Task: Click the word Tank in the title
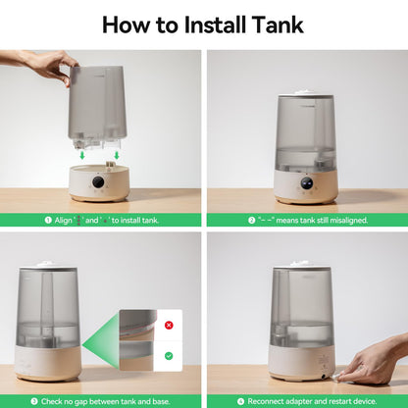pyautogui.click(x=278, y=25)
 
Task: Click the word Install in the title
pyautogui.click(x=215, y=25)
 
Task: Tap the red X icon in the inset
pyautogui.click(x=169, y=325)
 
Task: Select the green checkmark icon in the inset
pyautogui.click(x=169, y=356)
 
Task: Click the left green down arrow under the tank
pyautogui.click(x=82, y=155)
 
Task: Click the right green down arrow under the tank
pyautogui.click(x=117, y=155)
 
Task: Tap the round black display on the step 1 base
pyautogui.click(x=98, y=181)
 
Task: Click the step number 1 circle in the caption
pyautogui.click(x=48, y=220)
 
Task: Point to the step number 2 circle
pyautogui.click(x=251, y=220)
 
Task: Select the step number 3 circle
pyautogui.click(x=34, y=401)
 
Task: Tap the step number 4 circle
pyautogui.click(x=240, y=401)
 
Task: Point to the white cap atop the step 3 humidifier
pyautogui.click(x=47, y=263)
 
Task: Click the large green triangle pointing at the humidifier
pyautogui.click(x=100, y=342)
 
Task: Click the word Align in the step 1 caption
pyautogui.click(x=63, y=221)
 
